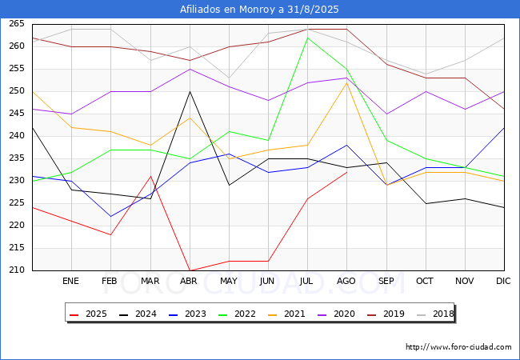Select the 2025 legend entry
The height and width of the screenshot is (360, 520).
88,314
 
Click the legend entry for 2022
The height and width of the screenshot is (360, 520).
237,314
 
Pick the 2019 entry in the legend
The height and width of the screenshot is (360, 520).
386,314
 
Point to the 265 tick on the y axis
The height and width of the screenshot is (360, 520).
17,24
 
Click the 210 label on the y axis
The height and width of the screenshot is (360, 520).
17,270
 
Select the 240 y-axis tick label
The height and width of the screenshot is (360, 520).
17,135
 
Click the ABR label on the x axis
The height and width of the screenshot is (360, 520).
189,281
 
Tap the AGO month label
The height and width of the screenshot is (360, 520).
346,281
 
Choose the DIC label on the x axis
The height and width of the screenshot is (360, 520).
503,281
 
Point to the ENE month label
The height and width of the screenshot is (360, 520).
70,281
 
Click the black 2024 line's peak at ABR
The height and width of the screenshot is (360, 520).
190,91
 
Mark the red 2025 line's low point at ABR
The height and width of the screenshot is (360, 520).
190,270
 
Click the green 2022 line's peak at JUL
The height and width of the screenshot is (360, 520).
308,38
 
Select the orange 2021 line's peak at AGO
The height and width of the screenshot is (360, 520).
347,83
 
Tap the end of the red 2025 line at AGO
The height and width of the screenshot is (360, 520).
347,172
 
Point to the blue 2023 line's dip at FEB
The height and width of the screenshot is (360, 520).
110,217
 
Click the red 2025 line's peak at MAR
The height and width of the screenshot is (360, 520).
151,176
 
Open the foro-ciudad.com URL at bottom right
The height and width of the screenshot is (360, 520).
458,347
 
